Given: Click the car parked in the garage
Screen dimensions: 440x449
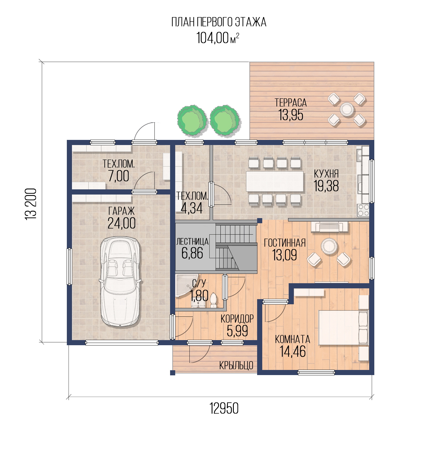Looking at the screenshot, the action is tap(120, 282).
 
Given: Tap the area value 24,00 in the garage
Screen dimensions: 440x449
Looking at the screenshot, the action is tap(121, 223).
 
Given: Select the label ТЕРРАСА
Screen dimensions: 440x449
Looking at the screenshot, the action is tap(291, 102).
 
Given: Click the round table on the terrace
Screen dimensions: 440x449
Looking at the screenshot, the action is tap(347, 109).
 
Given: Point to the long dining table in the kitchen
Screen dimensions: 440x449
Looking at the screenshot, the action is tap(275, 181).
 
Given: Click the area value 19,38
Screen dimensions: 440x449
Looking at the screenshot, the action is tap(326, 186).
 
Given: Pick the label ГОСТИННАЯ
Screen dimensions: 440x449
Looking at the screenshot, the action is tap(285, 243).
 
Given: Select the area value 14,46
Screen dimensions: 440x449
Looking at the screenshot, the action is tap(293, 351).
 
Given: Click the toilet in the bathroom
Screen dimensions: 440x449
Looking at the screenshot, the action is tap(213, 300).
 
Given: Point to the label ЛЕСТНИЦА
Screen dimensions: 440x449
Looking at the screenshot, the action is tap(193, 242).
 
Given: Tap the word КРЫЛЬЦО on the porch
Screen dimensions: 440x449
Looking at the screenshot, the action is tap(236, 365).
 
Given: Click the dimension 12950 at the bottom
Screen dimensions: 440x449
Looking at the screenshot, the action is tap(224, 409).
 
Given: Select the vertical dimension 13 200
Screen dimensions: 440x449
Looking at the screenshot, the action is tap(31, 204).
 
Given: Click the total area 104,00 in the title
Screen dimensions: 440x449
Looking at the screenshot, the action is tap(212, 38).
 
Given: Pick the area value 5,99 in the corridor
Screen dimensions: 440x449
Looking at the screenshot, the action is tap(237, 330).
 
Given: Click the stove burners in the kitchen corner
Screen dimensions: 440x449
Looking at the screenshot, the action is tap(363, 210).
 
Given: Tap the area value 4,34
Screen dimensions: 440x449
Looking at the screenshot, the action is tap(192, 208).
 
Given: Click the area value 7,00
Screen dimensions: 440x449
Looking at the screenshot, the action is tap(119, 176).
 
